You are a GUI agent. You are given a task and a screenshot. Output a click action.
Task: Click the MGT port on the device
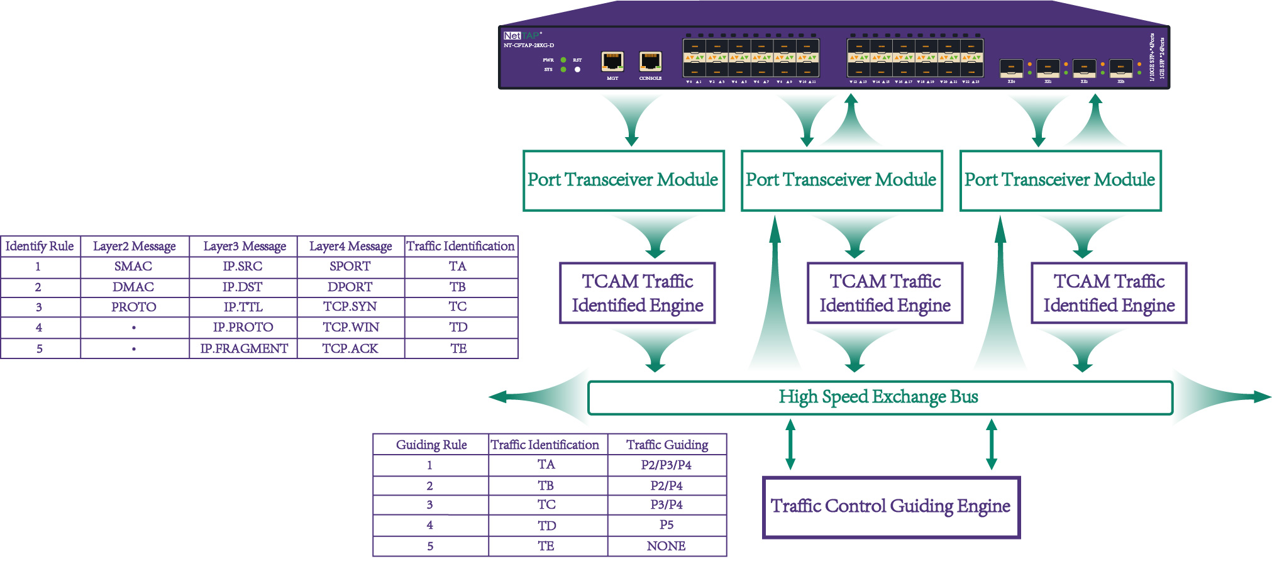point(612,62)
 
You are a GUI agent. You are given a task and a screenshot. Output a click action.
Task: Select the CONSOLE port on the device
point(650,62)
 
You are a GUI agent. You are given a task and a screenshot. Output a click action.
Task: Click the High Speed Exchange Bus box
point(879,397)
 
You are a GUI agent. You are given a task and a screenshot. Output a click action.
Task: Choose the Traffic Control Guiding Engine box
point(890,507)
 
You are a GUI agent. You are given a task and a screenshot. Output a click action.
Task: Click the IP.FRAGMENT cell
point(244,348)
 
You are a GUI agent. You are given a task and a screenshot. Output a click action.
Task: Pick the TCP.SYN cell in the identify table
point(350,307)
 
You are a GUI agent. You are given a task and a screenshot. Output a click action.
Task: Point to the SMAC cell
point(133,267)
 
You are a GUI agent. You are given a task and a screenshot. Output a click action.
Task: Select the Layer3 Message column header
point(245,247)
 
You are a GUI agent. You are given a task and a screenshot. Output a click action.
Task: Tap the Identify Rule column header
point(40,247)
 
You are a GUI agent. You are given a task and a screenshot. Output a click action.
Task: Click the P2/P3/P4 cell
point(666,465)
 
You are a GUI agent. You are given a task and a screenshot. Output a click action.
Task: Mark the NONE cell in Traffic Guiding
point(666,546)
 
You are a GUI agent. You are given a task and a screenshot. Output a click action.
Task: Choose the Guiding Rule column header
point(431,445)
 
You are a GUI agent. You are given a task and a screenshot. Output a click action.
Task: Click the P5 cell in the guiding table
point(666,525)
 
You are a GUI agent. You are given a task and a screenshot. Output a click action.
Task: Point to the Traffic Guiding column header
point(667,445)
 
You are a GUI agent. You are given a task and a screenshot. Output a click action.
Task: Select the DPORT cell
point(350,287)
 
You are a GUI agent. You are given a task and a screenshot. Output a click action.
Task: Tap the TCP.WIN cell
point(350,328)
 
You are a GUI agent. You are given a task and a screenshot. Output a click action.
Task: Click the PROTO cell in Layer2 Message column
point(134,308)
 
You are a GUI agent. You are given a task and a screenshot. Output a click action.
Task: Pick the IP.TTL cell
point(243,308)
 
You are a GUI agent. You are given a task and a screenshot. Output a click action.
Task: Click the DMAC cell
point(133,287)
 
